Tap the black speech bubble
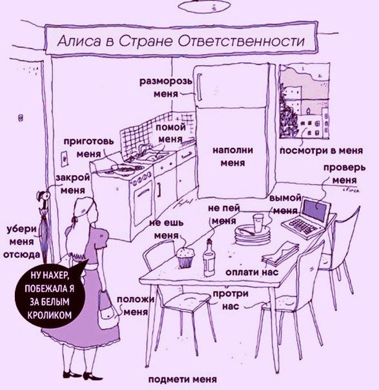click(52, 294)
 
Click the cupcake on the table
click(185, 258)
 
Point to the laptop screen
click(316, 211)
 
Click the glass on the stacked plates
click(258, 223)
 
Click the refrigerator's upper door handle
click(200, 87)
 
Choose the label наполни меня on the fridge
click(233, 156)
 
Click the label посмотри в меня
click(322, 150)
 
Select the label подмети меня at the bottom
click(183, 380)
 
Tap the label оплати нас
click(252, 272)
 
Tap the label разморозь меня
click(166, 87)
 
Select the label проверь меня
click(344, 173)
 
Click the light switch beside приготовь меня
click(64, 158)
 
